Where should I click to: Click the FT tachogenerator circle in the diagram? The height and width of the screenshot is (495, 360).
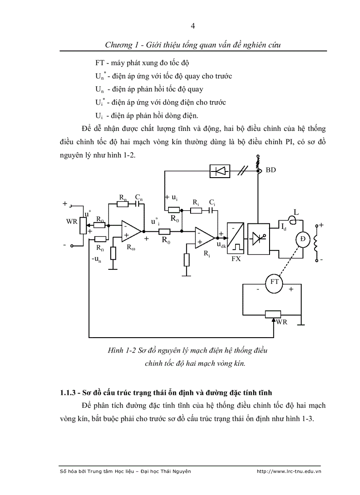[274, 282]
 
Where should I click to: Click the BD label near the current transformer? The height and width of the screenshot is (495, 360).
[271, 170]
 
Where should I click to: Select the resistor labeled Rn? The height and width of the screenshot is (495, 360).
[122, 204]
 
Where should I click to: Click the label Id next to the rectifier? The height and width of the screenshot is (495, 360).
[283, 227]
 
